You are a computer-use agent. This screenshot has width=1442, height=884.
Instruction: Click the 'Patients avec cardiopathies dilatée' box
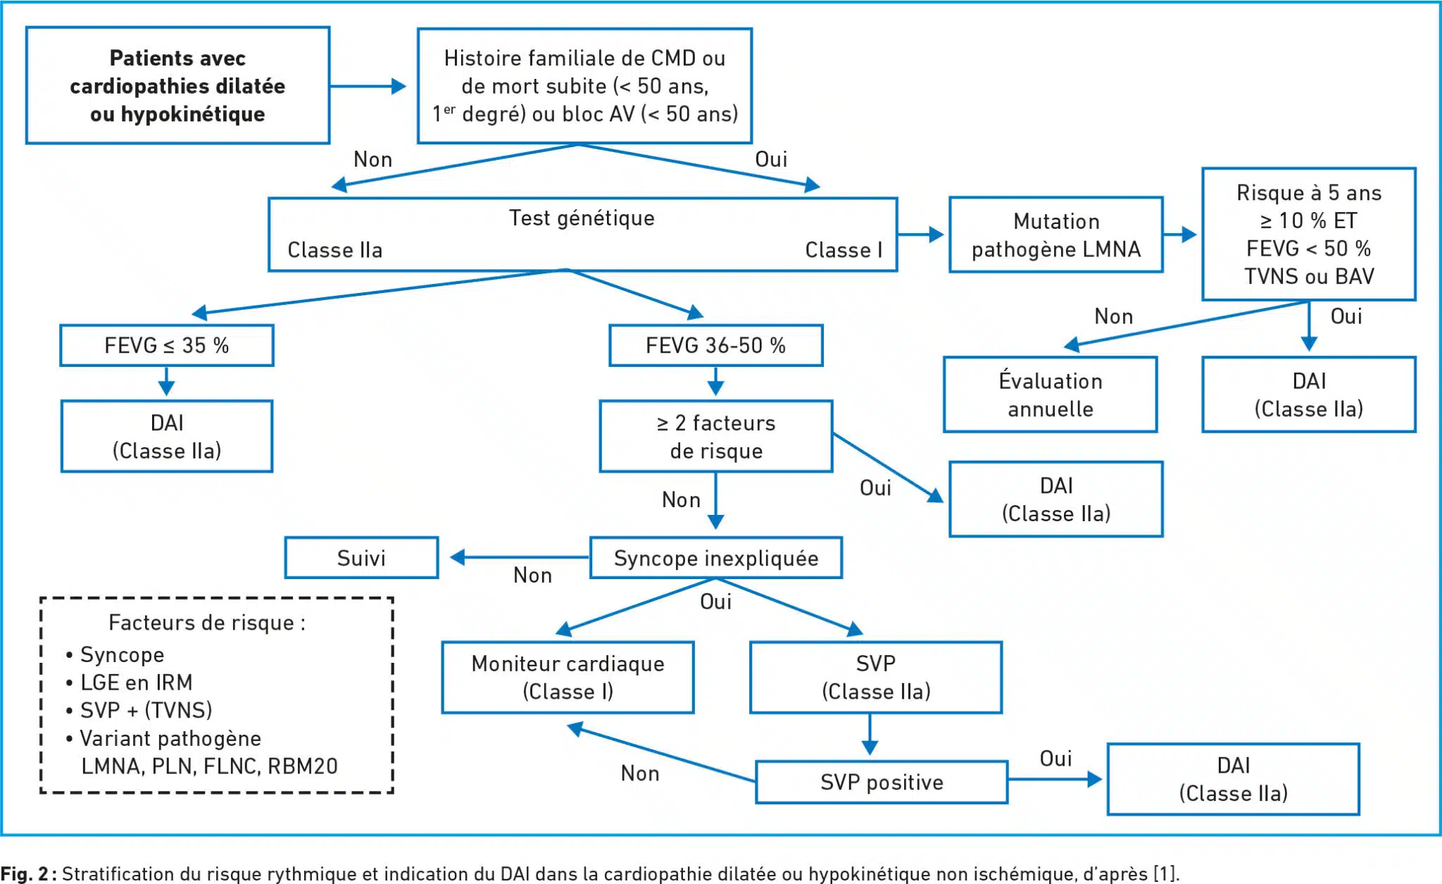[x=177, y=85]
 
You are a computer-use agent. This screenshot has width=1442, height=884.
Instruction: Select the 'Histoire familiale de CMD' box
[x=584, y=86]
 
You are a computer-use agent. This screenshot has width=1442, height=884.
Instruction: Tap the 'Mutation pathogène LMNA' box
[x=1055, y=235]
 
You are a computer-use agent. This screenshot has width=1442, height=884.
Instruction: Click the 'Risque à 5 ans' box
[x=1309, y=234]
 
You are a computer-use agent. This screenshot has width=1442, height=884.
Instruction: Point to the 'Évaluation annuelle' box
[x=1050, y=394]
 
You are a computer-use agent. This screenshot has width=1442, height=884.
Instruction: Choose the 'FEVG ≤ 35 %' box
[x=167, y=345]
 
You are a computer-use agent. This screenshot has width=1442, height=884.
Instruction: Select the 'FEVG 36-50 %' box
[x=715, y=345]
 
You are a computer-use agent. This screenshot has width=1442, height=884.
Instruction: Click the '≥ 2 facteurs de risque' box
[x=715, y=436]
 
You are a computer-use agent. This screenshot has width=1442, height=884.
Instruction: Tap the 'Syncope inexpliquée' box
[x=715, y=558]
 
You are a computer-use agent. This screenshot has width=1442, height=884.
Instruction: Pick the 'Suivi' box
[x=361, y=558]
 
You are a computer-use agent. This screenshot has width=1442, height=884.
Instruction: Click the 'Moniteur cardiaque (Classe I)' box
[x=568, y=677]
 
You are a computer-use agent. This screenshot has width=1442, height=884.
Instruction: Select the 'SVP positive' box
[x=882, y=782]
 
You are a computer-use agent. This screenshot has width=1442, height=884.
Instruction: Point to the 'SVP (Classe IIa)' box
[x=876, y=677]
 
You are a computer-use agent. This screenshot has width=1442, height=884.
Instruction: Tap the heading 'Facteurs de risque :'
[x=207, y=623]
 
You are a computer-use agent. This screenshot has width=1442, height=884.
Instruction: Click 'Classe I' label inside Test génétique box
[x=844, y=250]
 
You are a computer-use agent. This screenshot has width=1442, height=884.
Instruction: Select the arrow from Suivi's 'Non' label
[x=520, y=558]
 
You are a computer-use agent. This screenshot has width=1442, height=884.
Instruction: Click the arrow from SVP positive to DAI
[x=1055, y=780]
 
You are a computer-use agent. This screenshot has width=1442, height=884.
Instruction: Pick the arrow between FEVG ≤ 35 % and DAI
[x=167, y=381]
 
